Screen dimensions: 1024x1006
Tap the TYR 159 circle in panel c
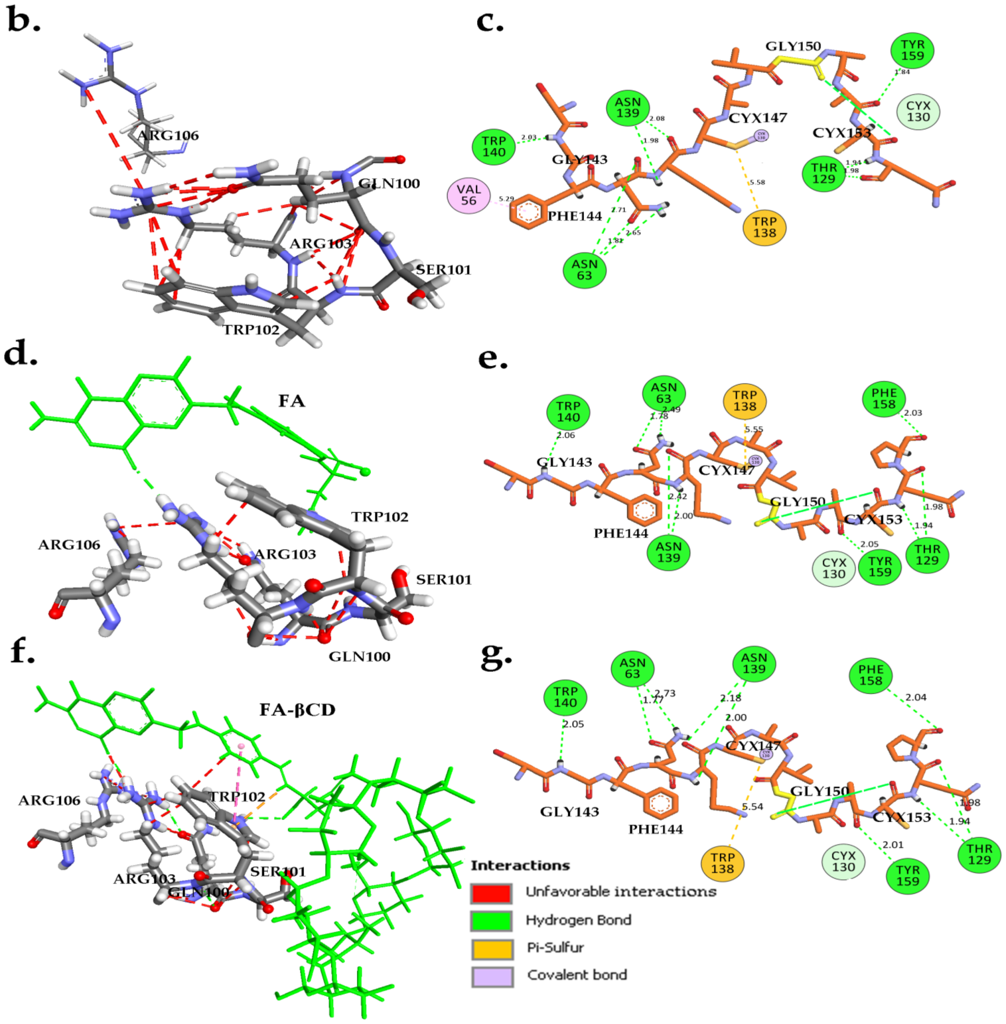[x=912, y=50]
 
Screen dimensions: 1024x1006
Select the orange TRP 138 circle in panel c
[x=764, y=227]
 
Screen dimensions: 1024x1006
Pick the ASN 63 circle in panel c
[x=584, y=270]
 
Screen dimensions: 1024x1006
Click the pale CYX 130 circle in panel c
[x=918, y=111]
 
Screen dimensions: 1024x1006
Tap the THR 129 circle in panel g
[x=979, y=854]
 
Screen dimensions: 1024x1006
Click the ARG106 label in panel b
[x=168, y=136]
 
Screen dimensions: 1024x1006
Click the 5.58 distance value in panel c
[x=757, y=182]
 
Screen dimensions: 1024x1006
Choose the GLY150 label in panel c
[x=793, y=46]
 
